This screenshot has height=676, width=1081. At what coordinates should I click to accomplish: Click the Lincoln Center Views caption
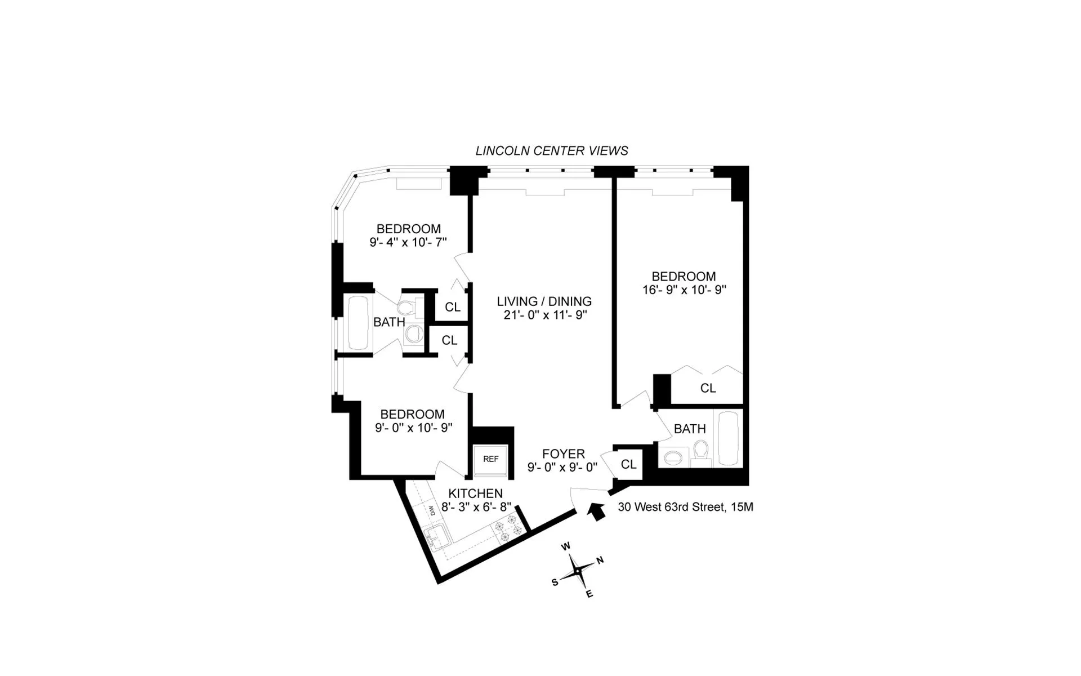[551, 151]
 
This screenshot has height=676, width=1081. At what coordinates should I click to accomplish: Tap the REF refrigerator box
[490, 460]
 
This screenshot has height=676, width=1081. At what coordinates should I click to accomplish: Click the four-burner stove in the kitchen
[505, 529]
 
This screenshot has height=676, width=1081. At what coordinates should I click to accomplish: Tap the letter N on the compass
[600, 560]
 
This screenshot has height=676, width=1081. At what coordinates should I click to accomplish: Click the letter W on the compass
[566, 546]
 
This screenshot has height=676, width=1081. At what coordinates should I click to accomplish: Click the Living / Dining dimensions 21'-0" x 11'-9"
[545, 315]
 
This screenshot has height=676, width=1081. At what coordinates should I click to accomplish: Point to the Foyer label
[563, 454]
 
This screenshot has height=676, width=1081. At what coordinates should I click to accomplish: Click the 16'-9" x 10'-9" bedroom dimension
[684, 290]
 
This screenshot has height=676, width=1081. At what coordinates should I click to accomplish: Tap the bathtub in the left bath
[358, 323]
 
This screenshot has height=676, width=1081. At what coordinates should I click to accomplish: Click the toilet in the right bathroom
[700, 452]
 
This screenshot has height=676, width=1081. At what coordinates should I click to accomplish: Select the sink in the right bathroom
[672, 457]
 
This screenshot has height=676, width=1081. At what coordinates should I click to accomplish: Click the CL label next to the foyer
[628, 464]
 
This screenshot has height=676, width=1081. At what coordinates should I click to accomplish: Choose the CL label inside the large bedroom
[708, 388]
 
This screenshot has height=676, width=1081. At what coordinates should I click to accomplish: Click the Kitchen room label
[475, 493]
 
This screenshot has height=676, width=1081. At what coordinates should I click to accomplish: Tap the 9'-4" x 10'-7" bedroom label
[408, 243]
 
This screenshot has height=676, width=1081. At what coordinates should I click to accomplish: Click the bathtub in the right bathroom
[729, 438]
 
